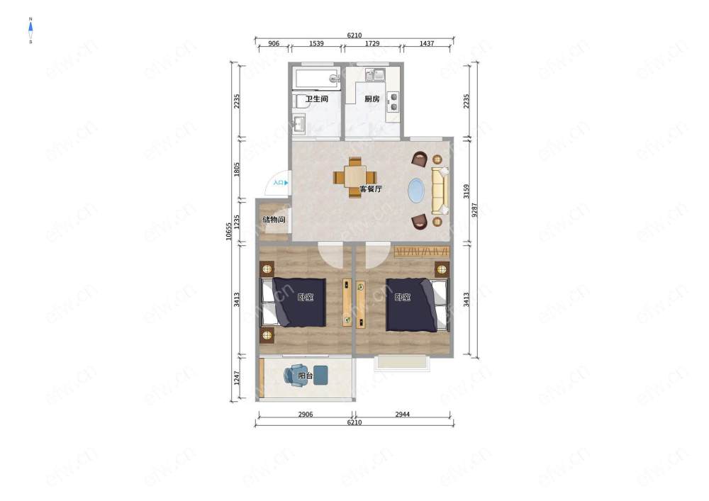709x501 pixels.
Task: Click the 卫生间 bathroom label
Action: [316, 99]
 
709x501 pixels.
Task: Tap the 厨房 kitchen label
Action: [372, 99]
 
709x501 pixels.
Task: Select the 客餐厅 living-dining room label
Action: [371, 188]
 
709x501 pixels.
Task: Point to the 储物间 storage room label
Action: [274, 220]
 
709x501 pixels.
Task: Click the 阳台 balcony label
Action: [305, 376]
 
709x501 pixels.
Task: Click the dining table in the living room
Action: [355, 176]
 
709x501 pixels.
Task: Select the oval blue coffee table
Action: [416, 191]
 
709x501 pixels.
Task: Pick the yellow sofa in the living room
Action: [440, 191]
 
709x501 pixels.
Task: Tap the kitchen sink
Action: [375, 74]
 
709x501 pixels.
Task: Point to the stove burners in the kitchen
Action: [393, 101]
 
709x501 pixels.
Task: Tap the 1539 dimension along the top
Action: [316, 44]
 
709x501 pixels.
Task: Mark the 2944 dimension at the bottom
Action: [403, 415]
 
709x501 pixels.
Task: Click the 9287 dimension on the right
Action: [474, 210]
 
